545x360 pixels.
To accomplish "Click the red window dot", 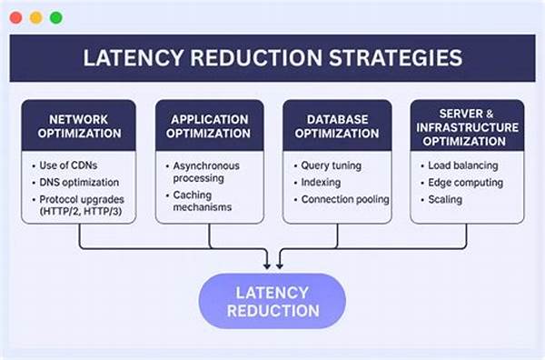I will [x=15, y=17].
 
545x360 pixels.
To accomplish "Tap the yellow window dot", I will [x=35, y=17].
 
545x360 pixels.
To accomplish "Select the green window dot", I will [x=55, y=17].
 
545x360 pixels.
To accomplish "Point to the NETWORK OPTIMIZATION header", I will [x=79, y=126].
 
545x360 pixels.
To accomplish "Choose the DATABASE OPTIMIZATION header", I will [x=337, y=126].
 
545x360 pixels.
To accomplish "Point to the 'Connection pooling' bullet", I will [x=344, y=198].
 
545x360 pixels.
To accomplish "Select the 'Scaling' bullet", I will [x=446, y=198].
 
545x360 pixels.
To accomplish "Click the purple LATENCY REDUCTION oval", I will [x=272, y=301].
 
